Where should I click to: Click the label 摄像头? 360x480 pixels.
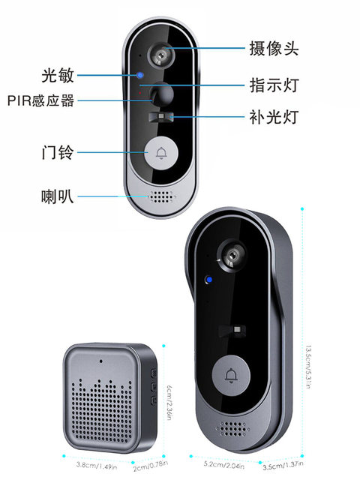pyautogui.click(x=274, y=49)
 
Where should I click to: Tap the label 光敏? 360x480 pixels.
pyautogui.click(x=57, y=76)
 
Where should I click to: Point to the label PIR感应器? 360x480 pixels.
pyautogui.click(x=41, y=100)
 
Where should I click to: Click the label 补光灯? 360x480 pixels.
pyautogui.click(x=274, y=118)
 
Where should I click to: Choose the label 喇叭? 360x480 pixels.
pyautogui.click(x=57, y=197)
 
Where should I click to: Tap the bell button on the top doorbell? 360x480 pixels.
pyautogui.click(x=160, y=154)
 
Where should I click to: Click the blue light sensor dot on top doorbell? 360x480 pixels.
pyautogui.click(x=140, y=74)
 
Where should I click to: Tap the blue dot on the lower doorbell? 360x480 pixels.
pyautogui.click(x=209, y=282)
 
